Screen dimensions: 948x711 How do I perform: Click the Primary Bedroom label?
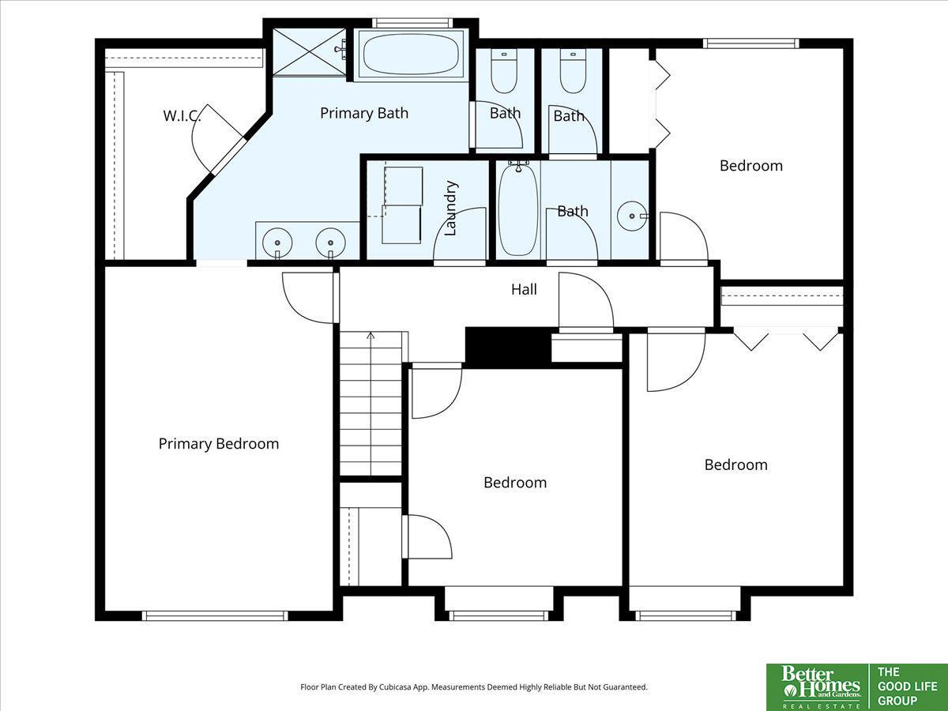click(x=219, y=444)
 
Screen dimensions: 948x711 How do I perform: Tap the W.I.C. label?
click(x=182, y=115)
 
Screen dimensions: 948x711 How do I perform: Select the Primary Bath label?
click(x=364, y=113)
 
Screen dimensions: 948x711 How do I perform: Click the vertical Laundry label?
click(x=450, y=208)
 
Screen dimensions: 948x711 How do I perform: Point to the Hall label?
click(x=524, y=289)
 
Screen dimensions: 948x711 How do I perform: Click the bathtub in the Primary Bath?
click(x=410, y=54)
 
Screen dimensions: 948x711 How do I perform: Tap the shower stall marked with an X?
click(x=310, y=52)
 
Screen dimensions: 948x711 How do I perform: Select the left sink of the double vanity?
click(x=277, y=243)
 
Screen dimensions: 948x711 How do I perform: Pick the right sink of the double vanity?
click(x=330, y=243)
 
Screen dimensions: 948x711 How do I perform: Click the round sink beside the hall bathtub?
click(x=632, y=216)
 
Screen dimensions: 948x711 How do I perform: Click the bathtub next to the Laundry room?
click(x=518, y=209)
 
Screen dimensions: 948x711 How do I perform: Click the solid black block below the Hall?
click(x=508, y=348)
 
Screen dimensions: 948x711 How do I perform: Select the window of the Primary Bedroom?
click(x=215, y=616)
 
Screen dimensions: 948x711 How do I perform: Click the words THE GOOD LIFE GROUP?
click(x=907, y=687)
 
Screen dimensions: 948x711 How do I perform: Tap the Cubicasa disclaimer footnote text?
click(x=474, y=687)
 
